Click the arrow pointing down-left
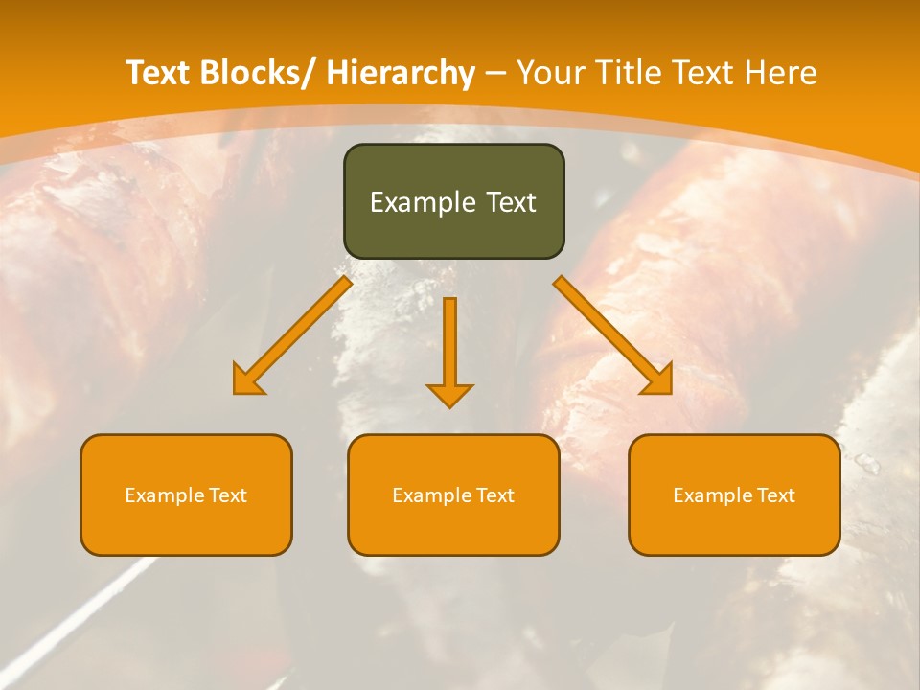(292, 335)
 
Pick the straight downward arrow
(449, 350)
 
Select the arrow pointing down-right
(613, 335)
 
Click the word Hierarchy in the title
(401, 74)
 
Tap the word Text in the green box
(509, 202)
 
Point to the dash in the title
(495, 74)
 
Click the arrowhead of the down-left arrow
(247, 381)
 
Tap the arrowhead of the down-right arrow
(658, 380)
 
